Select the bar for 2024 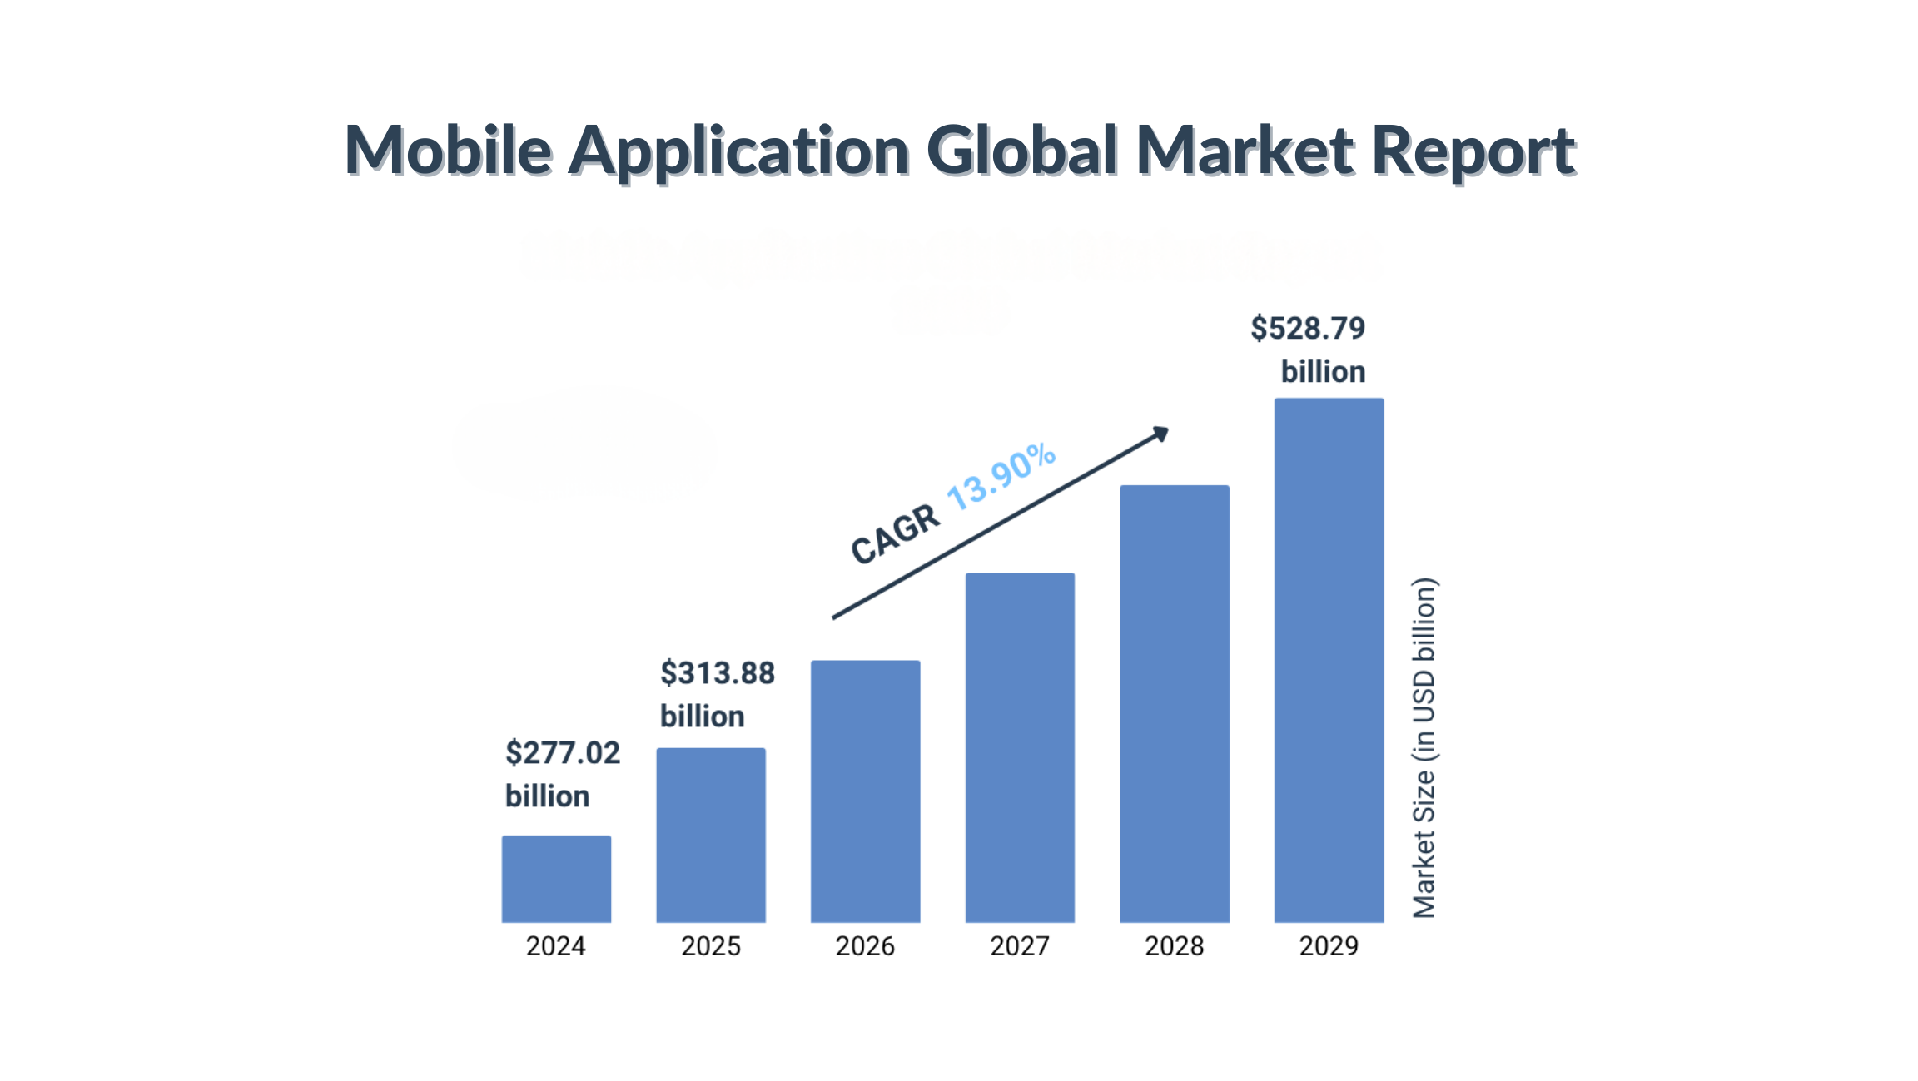tap(556, 879)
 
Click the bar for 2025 tap(711, 835)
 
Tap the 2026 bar tap(866, 791)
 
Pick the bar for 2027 tap(1020, 747)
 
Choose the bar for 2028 tap(1175, 703)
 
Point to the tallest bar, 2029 tap(1329, 660)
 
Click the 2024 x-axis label tap(556, 946)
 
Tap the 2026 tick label tap(866, 946)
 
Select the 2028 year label tap(1175, 946)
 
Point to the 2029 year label tap(1329, 946)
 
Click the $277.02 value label tap(563, 753)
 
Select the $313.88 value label tap(718, 673)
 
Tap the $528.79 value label tap(1308, 329)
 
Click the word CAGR tap(895, 535)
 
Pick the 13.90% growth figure tap(1001, 476)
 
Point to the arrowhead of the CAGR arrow tap(1161, 434)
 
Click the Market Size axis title tap(1424, 747)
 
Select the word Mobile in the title tap(448, 151)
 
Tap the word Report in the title tap(1473, 151)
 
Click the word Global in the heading tap(1021, 151)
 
